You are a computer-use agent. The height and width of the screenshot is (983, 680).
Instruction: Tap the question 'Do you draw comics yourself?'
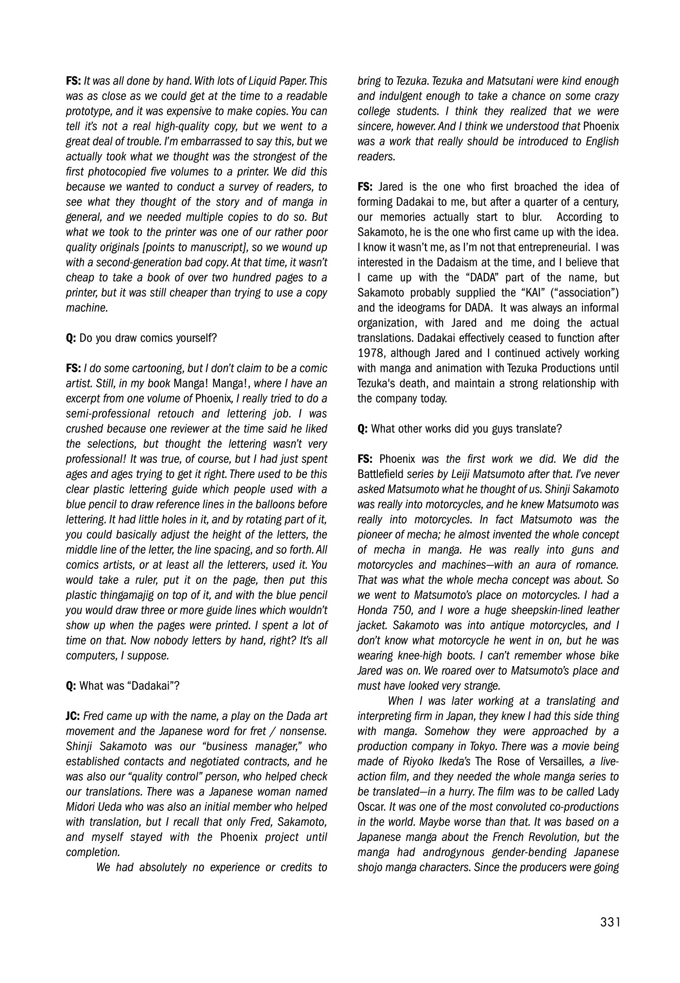pyautogui.click(x=148, y=338)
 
